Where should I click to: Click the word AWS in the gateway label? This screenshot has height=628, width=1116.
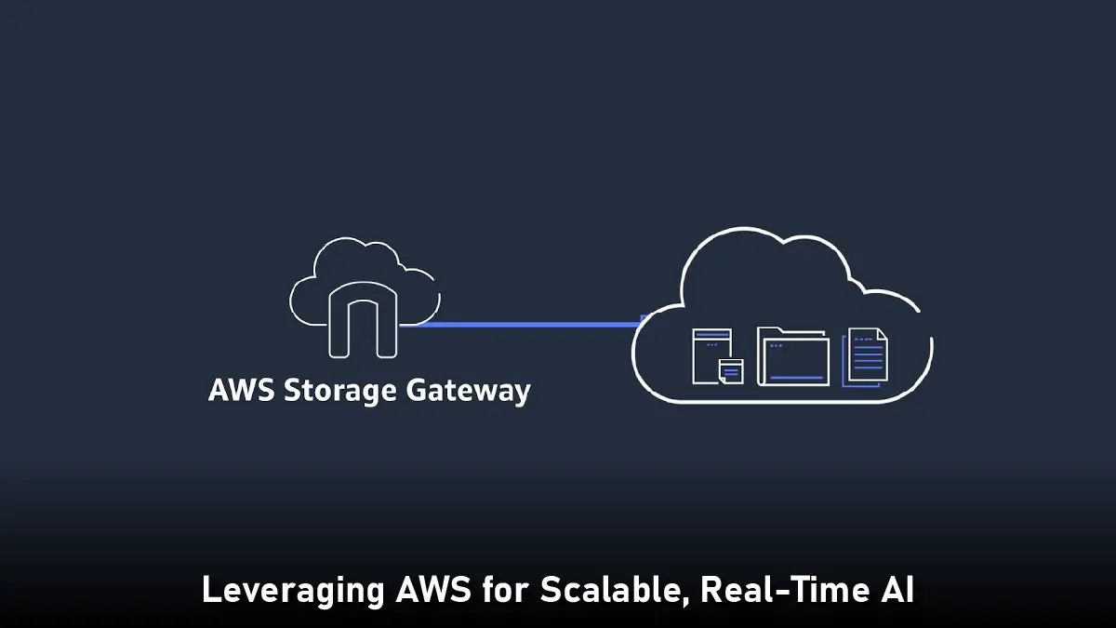tap(241, 390)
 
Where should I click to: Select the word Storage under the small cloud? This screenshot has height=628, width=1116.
tap(339, 391)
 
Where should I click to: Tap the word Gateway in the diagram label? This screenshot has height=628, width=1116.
tap(468, 391)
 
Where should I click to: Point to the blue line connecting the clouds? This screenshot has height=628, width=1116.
tap(521, 324)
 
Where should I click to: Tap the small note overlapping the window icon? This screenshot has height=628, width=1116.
tap(731, 371)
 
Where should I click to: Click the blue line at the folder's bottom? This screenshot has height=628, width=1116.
tap(794, 378)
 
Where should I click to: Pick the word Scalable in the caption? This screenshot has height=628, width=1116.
tap(613, 590)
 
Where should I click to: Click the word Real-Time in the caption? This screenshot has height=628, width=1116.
tap(781, 590)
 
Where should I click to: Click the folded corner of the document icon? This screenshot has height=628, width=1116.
tap(881, 337)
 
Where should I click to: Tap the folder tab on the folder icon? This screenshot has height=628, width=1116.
tap(773, 332)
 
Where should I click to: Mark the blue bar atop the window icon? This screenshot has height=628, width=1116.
tap(711, 336)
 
